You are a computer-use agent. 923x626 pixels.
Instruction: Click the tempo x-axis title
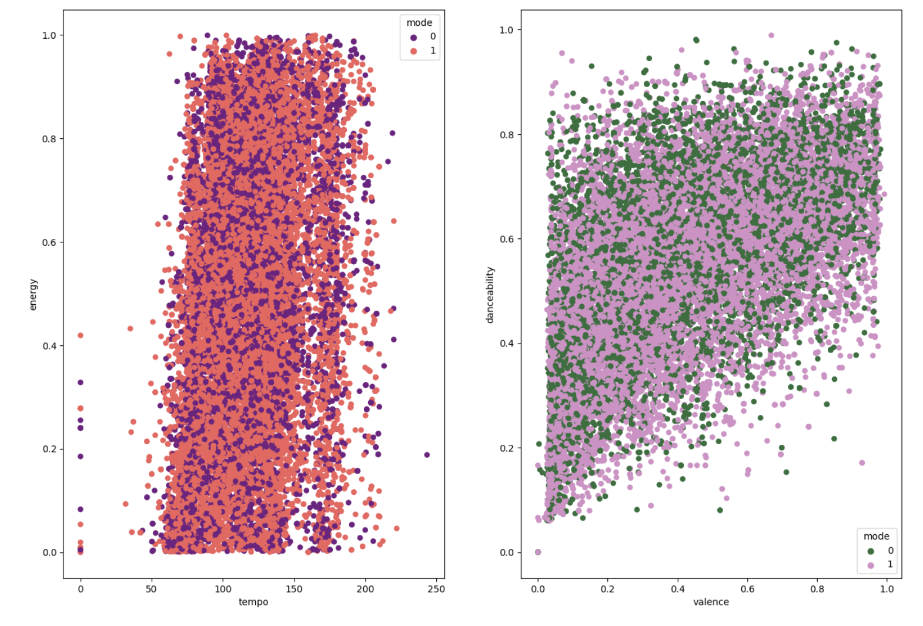(x=253, y=602)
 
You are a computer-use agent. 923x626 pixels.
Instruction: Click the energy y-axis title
(x=33, y=294)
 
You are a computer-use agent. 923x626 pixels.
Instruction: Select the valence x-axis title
(x=711, y=602)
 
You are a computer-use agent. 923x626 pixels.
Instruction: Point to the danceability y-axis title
(x=490, y=295)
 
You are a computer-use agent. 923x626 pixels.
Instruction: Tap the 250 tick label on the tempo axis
(x=436, y=589)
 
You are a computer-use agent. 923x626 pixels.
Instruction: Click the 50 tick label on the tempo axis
(x=152, y=589)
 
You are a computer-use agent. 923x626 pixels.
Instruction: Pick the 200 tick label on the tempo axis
(x=365, y=589)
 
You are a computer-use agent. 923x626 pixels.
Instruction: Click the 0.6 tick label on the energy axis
(x=49, y=242)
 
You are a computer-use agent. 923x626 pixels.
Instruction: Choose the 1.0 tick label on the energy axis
(x=49, y=35)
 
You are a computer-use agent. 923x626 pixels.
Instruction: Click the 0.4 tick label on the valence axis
(x=677, y=589)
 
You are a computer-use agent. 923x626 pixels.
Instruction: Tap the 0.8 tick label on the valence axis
(x=817, y=589)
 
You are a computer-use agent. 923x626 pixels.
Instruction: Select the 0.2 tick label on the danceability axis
(x=506, y=448)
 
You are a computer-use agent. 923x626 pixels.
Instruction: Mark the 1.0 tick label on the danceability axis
(x=506, y=30)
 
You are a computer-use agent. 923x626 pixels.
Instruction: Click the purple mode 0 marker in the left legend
(x=414, y=37)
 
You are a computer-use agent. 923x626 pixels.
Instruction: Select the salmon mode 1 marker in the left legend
(x=414, y=51)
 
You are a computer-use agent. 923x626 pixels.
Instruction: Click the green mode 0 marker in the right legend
(x=871, y=551)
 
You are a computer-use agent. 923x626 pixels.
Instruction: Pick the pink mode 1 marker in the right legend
(x=871, y=565)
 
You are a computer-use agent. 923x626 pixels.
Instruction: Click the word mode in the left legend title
(x=419, y=22)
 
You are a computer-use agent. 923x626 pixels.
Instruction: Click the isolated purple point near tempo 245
(x=427, y=455)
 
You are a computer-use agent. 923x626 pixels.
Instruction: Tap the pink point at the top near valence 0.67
(x=771, y=35)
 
